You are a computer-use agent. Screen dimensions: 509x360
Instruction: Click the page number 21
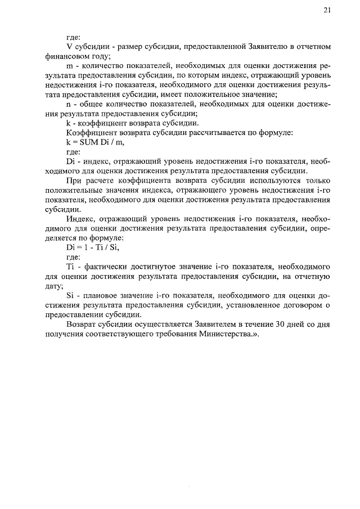327,10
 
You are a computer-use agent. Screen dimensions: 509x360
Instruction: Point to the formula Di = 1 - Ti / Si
92,247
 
